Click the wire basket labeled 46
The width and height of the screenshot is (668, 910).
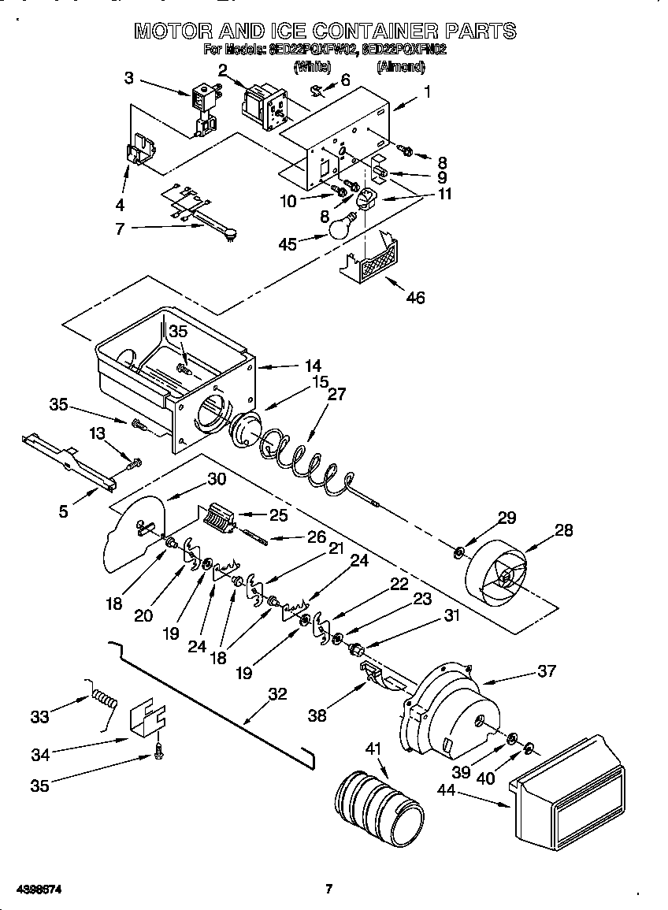point(371,263)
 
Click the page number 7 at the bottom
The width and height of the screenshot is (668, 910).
point(329,890)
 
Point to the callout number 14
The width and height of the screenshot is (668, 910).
point(314,366)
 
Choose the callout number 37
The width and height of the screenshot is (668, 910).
point(546,671)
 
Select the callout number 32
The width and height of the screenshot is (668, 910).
point(277,694)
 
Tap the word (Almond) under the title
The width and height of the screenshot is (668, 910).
point(400,67)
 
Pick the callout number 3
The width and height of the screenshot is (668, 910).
point(129,77)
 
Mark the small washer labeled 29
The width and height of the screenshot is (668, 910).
point(459,548)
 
